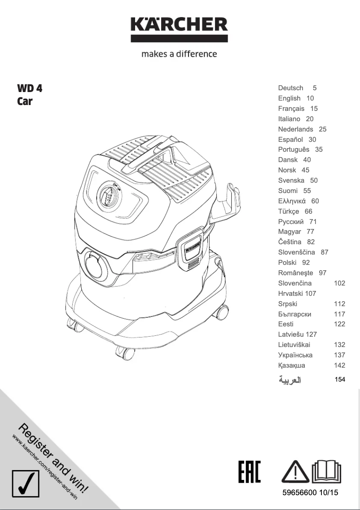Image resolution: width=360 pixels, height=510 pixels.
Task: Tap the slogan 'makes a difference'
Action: (x=179, y=54)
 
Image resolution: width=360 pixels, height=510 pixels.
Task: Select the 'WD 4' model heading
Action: (x=30, y=88)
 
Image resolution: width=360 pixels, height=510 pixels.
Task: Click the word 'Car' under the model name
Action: (x=25, y=101)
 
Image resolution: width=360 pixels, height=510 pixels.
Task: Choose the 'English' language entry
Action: (x=289, y=98)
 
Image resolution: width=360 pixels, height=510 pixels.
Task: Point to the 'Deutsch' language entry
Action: (x=290, y=88)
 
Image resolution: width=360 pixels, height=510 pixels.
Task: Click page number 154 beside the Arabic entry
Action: (x=340, y=379)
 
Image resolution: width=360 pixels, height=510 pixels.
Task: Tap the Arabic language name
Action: (x=290, y=380)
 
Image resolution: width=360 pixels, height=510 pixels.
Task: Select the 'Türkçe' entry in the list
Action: (x=289, y=211)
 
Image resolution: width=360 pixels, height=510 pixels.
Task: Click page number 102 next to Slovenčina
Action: (x=339, y=283)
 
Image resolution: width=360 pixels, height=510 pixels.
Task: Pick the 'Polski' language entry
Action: (x=287, y=263)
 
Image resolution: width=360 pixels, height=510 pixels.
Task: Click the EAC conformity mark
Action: (x=250, y=471)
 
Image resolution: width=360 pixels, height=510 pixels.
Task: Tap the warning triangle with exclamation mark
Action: (x=295, y=471)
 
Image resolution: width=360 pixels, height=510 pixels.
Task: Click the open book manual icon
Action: (x=326, y=471)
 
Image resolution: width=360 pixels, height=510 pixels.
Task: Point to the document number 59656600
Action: (x=299, y=492)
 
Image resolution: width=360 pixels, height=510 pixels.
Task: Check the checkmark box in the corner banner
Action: (x=26, y=484)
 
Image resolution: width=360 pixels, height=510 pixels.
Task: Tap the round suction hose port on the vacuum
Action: (x=96, y=264)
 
